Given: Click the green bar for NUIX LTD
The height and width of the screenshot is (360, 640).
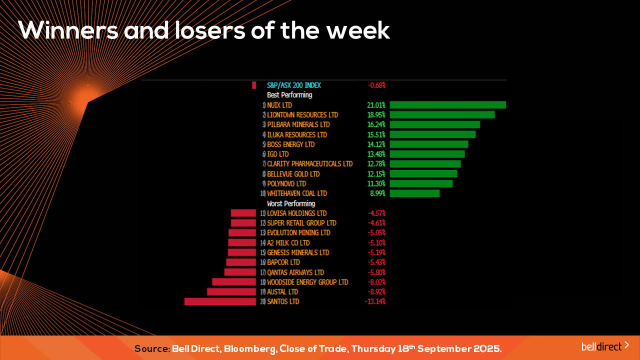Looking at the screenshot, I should [447, 105].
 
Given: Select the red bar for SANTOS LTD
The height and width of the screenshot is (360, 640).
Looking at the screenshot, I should [220, 301].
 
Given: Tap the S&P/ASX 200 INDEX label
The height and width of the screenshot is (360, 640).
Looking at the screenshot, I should [294, 85].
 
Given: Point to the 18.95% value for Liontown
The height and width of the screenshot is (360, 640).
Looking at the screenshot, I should [376, 115].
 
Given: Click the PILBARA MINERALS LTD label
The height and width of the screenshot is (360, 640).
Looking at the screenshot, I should [298, 124].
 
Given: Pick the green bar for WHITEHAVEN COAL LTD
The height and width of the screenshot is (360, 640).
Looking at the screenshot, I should [414, 193].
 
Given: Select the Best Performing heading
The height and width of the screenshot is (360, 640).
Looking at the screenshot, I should [289, 95].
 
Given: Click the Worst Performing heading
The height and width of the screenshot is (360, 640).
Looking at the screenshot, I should [291, 203].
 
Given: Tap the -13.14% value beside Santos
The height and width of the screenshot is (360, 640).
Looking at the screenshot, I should [375, 301].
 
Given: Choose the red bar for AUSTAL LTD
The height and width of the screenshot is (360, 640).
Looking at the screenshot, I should [231, 291].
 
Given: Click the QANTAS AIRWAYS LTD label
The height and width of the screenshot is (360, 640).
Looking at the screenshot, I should [295, 272].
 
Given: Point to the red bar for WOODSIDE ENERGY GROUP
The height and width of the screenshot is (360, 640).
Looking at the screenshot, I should [234, 282].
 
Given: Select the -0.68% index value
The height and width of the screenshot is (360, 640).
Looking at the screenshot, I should [376, 85].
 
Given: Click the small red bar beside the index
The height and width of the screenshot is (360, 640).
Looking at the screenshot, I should [254, 85].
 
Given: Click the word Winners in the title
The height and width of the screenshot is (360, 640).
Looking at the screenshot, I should [68, 31].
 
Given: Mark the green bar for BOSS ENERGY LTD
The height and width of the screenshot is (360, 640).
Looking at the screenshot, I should [428, 144].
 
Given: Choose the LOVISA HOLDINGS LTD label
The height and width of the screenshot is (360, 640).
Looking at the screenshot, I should [296, 213].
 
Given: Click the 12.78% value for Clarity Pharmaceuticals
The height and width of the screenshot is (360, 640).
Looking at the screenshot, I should [376, 164].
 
